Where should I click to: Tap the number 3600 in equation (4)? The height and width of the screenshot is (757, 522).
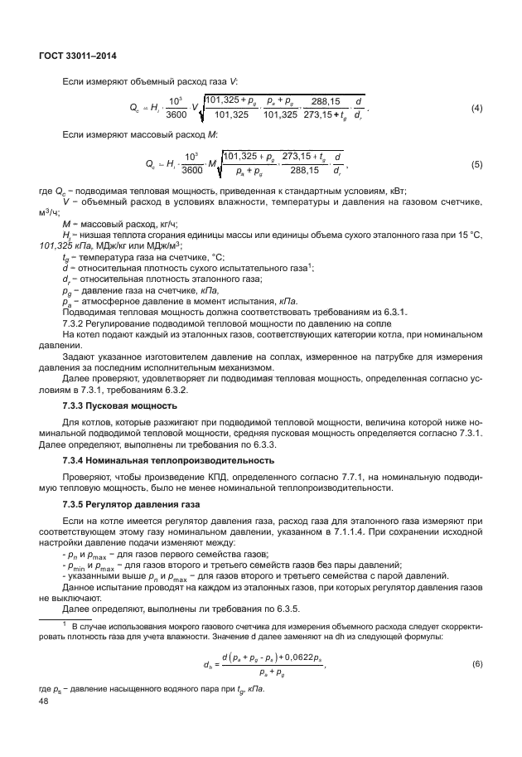tap(176, 115)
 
